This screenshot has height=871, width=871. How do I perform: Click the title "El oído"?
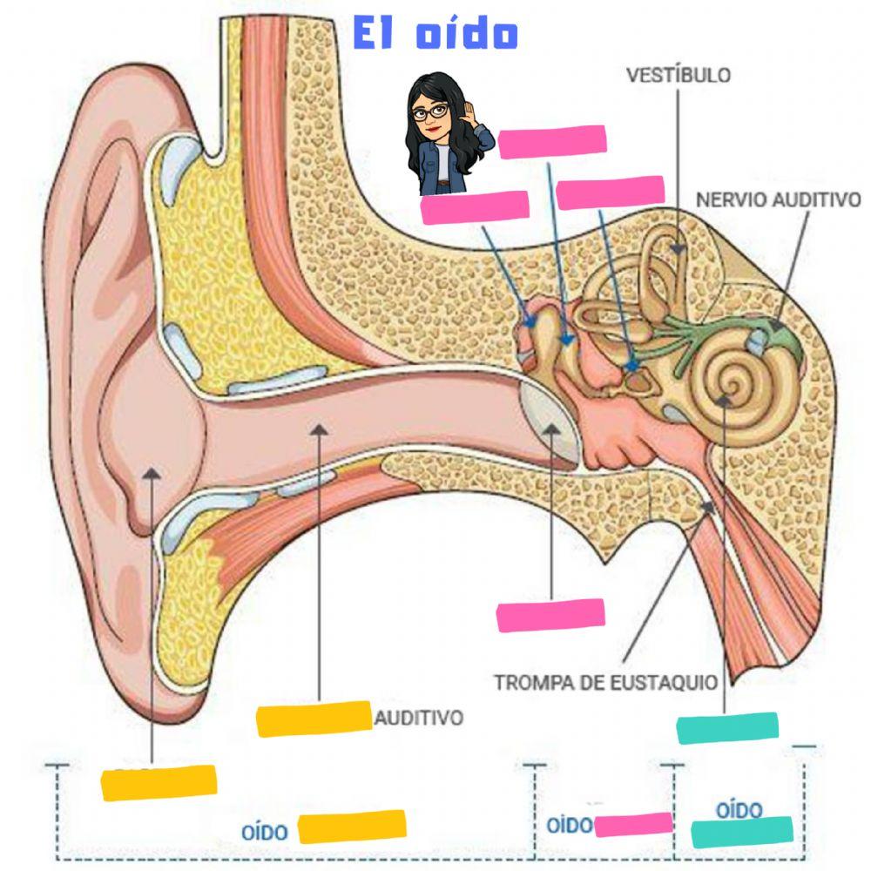coord(435,34)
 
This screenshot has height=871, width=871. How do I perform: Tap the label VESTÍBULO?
coord(679,75)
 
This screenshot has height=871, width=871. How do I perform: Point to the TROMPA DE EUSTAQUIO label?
coord(606,682)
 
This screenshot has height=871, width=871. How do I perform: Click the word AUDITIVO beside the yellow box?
coord(418,719)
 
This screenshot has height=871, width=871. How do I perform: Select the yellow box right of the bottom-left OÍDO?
coord(352,827)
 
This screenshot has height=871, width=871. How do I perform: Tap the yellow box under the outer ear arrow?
coord(159,782)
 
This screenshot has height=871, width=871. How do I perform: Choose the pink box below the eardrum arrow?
coord(550,614)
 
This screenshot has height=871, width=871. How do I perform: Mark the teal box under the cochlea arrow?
coord(727,727)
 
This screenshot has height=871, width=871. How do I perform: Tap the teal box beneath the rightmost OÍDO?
coord(742,831)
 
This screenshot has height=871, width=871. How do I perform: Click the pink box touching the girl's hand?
coord(552,142)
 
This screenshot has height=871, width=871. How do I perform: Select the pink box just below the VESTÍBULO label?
coord(611,192)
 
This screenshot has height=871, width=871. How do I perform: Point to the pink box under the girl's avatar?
coord(475,206)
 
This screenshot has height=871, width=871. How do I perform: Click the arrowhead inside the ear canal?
coord(321,429)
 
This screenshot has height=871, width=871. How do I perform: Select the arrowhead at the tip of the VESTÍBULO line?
coord(679,248)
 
